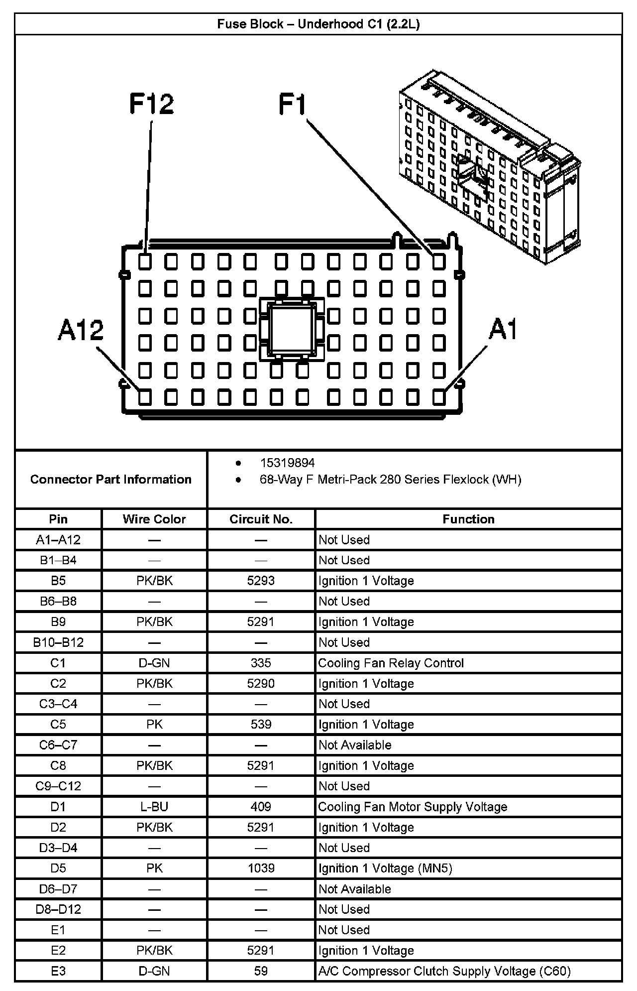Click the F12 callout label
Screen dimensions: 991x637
(x=151, y=104)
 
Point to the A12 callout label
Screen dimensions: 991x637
(x=81, y=330)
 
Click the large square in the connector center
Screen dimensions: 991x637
(x=291, y=328)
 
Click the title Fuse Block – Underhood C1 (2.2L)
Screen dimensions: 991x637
(x=318, y=24)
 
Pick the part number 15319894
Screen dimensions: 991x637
(x=287, y=463)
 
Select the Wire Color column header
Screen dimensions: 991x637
(x=154, y=519)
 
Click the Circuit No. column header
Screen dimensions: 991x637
(x=261, y=519)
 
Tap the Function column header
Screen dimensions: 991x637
(x=468, y=519)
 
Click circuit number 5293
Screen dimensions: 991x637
(x=261, y=581)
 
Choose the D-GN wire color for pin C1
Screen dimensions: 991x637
(x=154, y=663)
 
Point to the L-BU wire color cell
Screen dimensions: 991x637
(x=154, y=807)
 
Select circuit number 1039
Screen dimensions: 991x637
(x=261, y=868)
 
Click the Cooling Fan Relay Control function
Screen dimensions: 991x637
(x=391, y=663)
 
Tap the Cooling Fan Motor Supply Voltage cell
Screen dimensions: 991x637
(x=413, y=807)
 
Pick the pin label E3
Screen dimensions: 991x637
(x=58, y=971)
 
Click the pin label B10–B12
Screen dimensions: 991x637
(x=58, y=642)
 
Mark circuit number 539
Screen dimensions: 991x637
(x=261, y=725)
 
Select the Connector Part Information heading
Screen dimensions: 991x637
(x=111, y=479)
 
